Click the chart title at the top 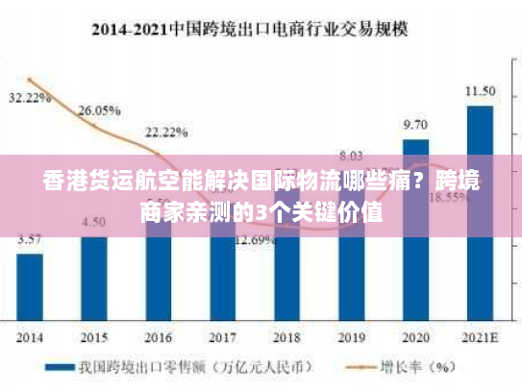click(x=261, y=29)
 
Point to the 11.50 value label click(x=480, y=91)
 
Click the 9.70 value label click(x=415, y=125)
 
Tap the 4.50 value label click(x=94, y=222)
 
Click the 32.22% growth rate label click(x=30, y=98)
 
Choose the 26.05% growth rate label click(x=98, y=110)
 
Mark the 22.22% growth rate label click(x=165, y=132)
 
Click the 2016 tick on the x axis click(x=159, y=337)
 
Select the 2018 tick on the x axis click(x=286, y=337)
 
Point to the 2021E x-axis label click(x=480, y=337)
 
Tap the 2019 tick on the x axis click(x=351, y=337)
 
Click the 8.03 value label click(x=351, y=155)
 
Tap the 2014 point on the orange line click(x=30, y=80)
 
